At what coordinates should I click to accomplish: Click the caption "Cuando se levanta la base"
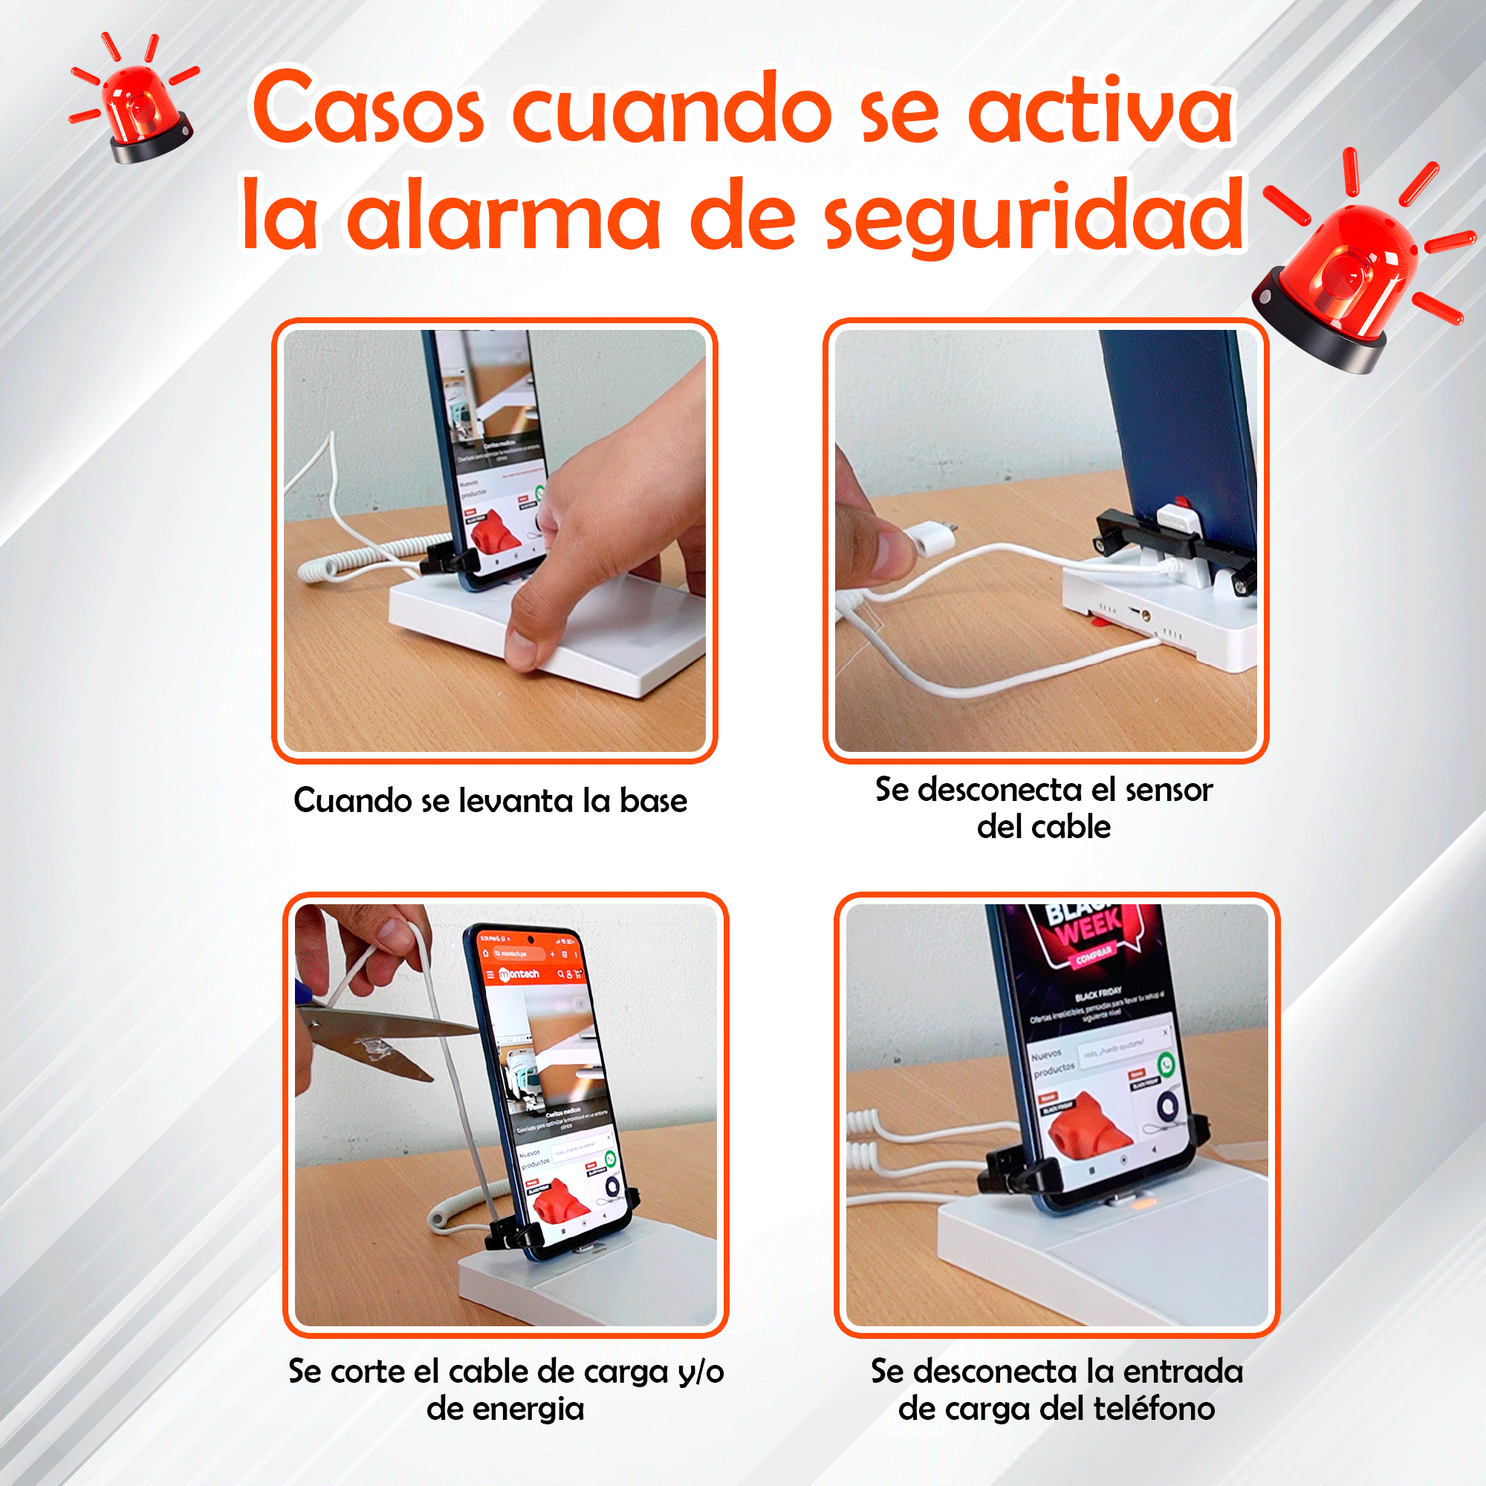[x=490, y=801]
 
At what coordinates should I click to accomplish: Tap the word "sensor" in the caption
[x=1169, y=790]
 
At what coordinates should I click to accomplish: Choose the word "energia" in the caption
[x=505, y=1409]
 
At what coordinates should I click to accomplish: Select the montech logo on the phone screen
[x=520, y=975]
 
